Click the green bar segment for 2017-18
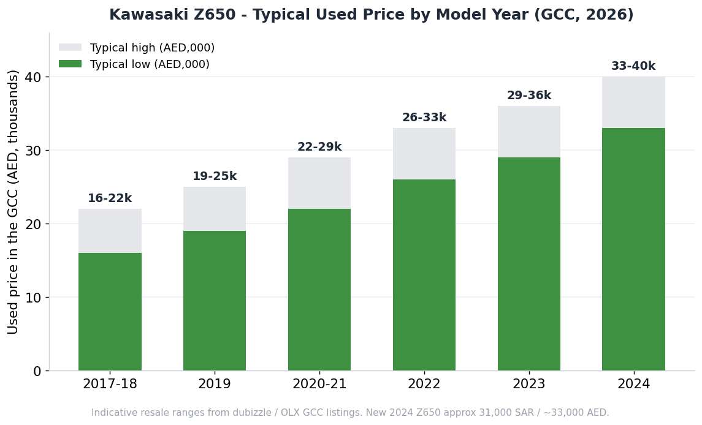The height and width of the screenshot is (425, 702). (x=110, y=312)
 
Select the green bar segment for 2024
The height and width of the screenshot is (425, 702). (x=633, y=249)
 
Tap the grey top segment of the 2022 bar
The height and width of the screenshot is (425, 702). (x=424, y=154)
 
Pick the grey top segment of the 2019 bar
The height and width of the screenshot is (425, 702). (x=215, y=209)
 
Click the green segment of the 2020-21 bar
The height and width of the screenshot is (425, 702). (x=319, y=290)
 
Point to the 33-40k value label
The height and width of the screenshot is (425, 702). (x=633, y=66)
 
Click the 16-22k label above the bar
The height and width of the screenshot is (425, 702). (x=110, y=198)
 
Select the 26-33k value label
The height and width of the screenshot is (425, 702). (x=424, y=118)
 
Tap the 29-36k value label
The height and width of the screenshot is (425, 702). (x=529, y=96)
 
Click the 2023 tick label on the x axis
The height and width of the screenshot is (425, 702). (x=529, y=384)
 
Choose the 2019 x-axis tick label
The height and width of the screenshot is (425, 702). (x=215, y=384)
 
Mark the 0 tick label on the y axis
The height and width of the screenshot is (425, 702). (x=37, y=371)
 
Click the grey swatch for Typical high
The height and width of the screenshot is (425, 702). (x=71, y=47)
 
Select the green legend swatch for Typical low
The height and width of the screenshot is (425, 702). (x=71, y=64)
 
